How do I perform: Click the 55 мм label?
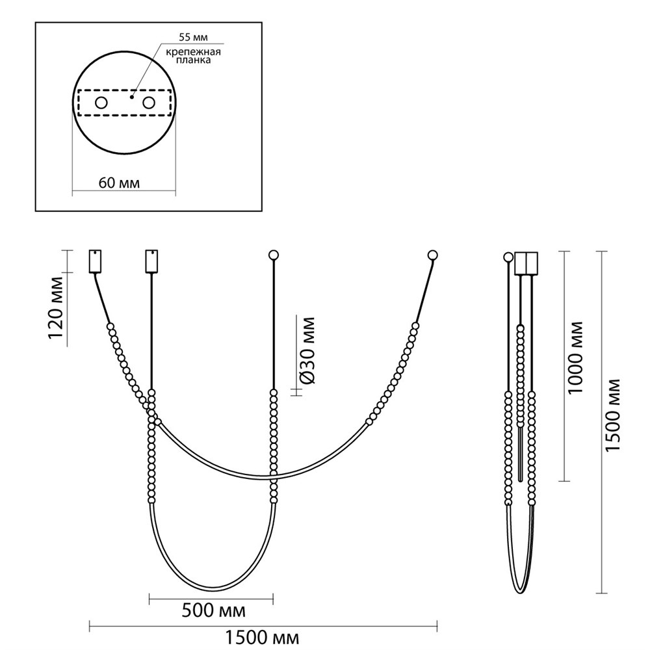point(193,37)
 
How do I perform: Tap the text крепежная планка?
point(193,56)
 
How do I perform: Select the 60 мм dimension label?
point(119,183)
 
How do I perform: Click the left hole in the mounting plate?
point(101,103)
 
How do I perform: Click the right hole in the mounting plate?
point(149,103)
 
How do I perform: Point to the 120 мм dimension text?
point(56,307)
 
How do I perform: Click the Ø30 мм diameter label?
point(307,351)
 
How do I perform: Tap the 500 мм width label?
point(213,610)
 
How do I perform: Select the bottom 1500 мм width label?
point(262,638)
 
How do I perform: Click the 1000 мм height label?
point(575,357)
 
